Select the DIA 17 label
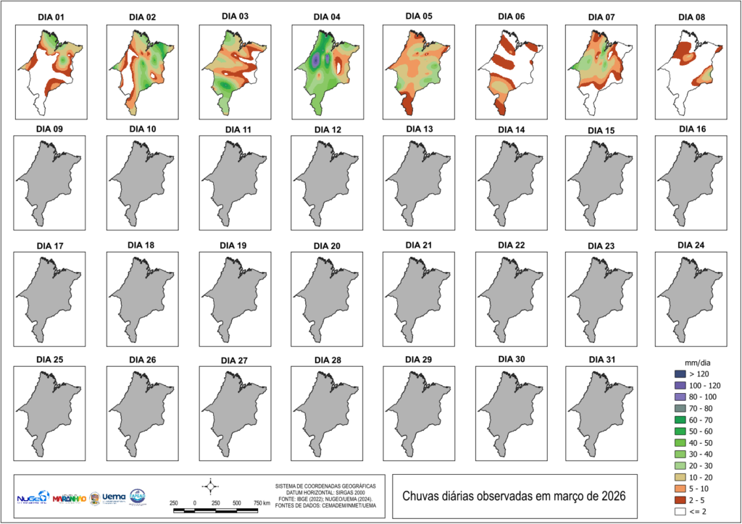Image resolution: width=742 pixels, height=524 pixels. coord(49,246)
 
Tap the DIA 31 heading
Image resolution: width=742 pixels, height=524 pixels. coord(601,360)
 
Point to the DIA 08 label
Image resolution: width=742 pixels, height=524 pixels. coord(692,16)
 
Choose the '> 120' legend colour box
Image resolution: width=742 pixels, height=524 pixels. coord(679,373)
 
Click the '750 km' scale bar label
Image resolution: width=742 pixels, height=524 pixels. coord(262,502)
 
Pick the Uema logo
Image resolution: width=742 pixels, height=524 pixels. coord(114,498)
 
